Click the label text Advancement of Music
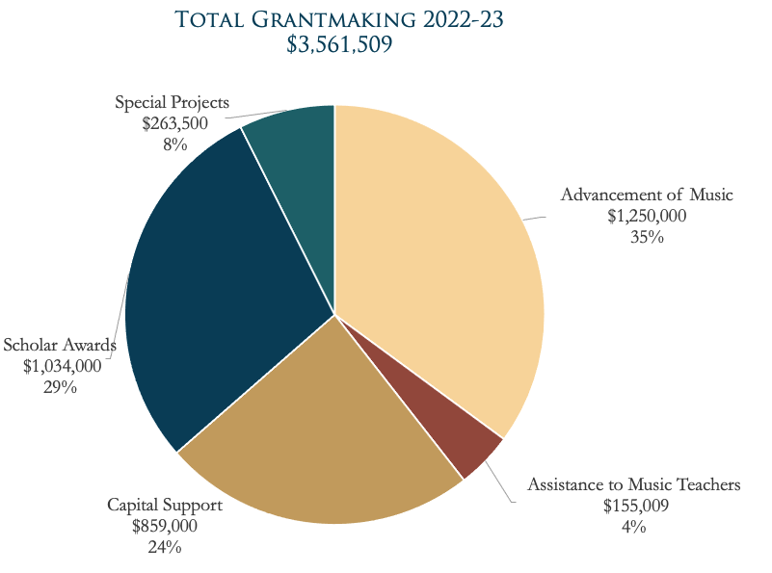click(x=647, y=195)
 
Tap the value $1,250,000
click(x=647, y=216)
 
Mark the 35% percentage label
click(x=647, y=236)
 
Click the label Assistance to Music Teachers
click(x=633, y=484)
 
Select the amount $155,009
click(x=634, y=506)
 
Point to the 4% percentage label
click(x=633, y=526)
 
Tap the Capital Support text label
click(x=164, y=506)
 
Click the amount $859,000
click(x=164, y=527)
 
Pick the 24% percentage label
click(x=164, y=547)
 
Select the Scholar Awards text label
click(x=60, y=345)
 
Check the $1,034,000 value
click(x=60, y=366)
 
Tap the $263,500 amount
click(x=174, y=123)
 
